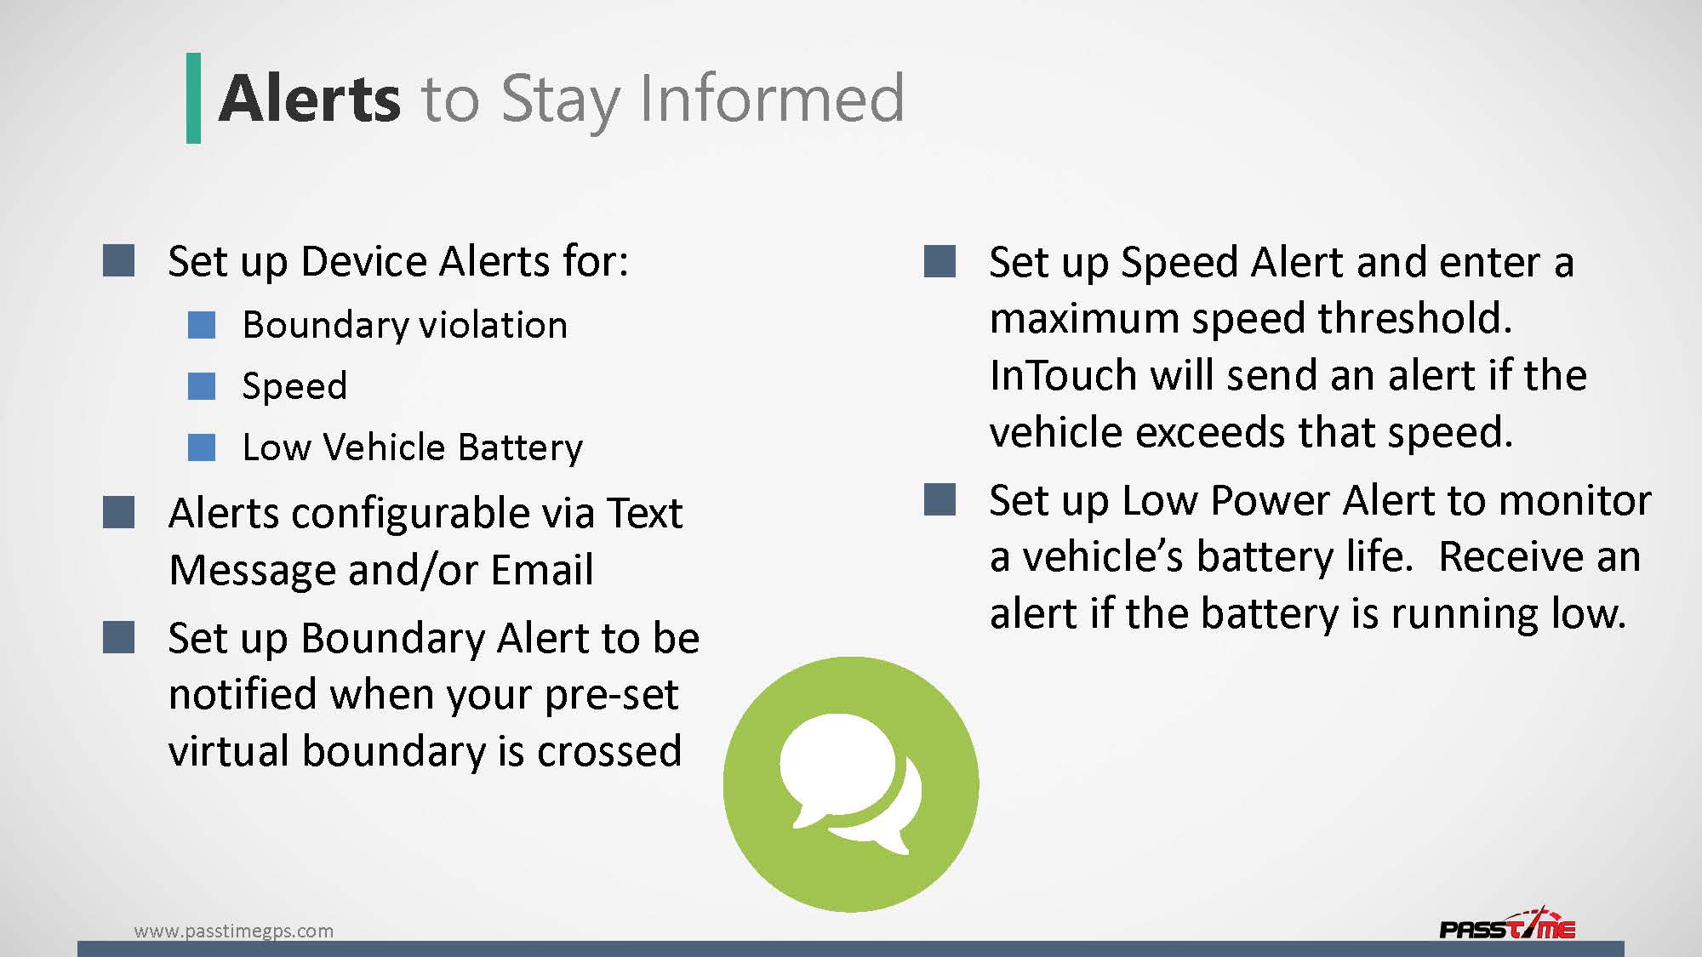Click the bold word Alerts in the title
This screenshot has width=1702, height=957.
point(309,99)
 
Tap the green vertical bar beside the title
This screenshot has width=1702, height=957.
point(194,98)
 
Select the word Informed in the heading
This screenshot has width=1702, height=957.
point(771,99)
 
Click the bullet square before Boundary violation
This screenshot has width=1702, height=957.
point(202,324)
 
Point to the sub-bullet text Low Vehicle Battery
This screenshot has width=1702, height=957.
point(413,447)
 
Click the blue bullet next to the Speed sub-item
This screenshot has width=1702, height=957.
point(202,385)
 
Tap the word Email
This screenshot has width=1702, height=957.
point(542,569)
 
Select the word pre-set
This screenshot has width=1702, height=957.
point(611,694)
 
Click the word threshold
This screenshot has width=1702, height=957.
point(1414,318)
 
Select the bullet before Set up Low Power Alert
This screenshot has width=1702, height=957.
point(940,499)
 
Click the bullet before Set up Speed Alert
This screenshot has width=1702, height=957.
point(940,261)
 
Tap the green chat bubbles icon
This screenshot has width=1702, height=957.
point(851,783)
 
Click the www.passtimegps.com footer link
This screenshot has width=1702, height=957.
point(234,931)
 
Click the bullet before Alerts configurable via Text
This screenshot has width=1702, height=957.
point(118,513)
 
